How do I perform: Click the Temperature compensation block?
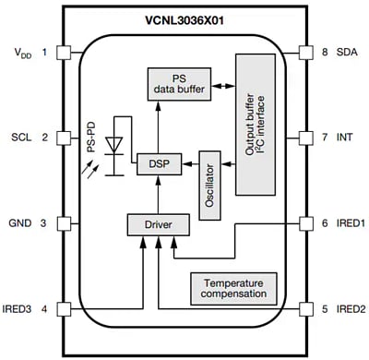[x=232, y=288]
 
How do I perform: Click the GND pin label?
[x=21, y=222]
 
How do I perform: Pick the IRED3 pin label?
[x=19, y=307]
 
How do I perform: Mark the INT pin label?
[x=341, y=138]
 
